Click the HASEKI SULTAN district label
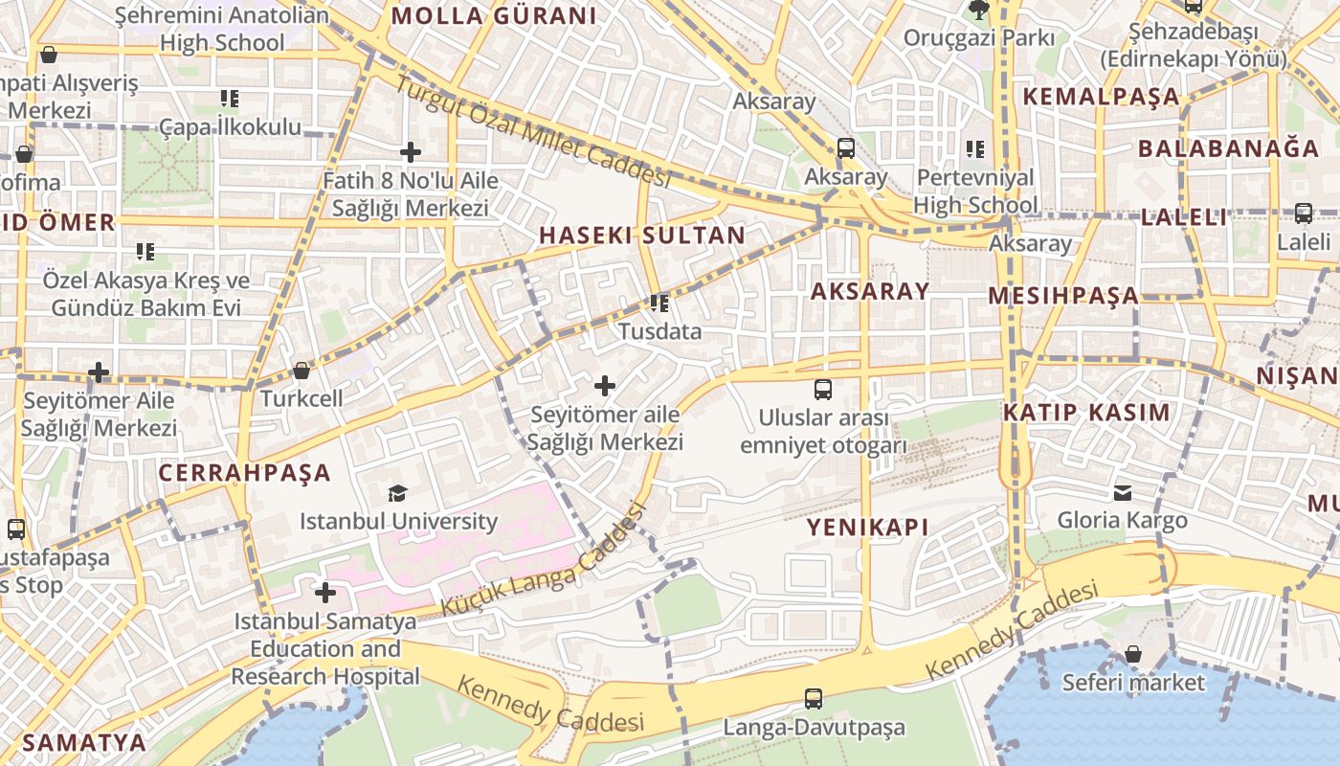(641, 236)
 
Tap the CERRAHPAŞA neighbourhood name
(244, 473)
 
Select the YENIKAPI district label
(868, 528)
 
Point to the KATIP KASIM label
(1086, 414)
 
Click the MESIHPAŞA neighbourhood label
(1063, 296)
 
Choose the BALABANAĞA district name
(1228, 148)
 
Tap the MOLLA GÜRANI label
(494, 16)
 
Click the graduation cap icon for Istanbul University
(397, 493)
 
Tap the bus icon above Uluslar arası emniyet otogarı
(823, 390)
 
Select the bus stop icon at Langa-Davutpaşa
(814, 699)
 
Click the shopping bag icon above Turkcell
(301, 371)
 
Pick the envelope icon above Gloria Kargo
(1123, 493)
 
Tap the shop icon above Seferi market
(1133, 654)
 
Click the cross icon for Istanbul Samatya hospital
(325, 593)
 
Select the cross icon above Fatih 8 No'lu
(411, 152)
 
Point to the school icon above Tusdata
(659, 304)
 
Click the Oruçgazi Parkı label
(979, 38)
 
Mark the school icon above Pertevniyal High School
(975, 149)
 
